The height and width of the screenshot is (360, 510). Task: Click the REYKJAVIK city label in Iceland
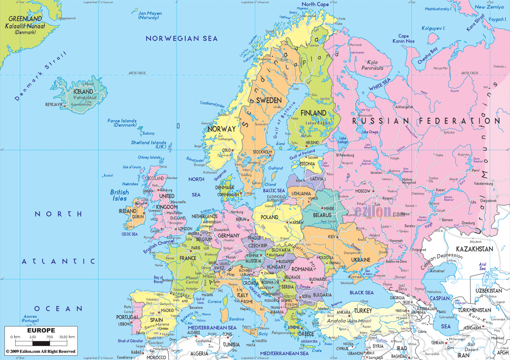click(54, 104)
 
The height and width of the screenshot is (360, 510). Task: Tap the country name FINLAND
click(313, 113)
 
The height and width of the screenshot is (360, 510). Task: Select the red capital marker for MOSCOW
click(373, 191)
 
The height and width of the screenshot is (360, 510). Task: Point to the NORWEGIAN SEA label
click(181, 39)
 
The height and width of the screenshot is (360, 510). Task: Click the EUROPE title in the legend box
click(41, 330)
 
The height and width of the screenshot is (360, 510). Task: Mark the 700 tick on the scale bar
click(49, 337)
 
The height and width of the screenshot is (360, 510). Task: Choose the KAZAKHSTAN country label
click(474, 249)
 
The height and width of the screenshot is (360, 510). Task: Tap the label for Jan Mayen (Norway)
click(150, 15)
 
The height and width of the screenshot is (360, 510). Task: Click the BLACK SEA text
click(361, 292)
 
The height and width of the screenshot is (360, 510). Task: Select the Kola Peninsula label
click(372, 65)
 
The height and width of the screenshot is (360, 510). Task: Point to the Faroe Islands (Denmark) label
click(122, 123)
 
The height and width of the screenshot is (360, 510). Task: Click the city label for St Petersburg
click(345, 155)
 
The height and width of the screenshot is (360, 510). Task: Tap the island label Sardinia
click(237, 319)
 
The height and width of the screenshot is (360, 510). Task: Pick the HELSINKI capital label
click(312, 143)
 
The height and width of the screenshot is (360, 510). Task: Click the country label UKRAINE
click(360, 260)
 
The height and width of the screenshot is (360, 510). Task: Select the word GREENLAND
click(25, 19)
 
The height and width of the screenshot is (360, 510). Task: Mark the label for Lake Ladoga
click(342, 140)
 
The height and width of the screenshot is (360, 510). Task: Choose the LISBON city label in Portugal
click(124, 324)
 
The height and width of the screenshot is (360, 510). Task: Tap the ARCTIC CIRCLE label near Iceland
click(137, 73)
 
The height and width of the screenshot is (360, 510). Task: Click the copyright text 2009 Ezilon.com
click(40, 351)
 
